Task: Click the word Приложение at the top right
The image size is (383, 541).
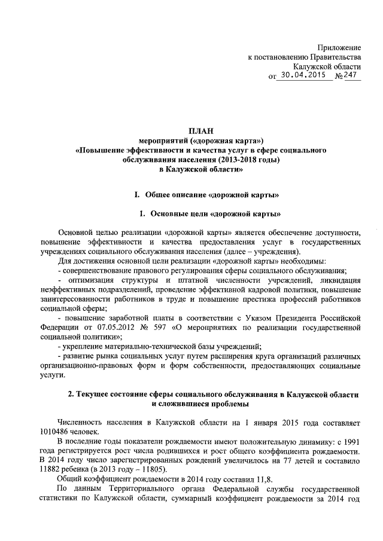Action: [339, 47]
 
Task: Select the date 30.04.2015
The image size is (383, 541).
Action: [305, 76]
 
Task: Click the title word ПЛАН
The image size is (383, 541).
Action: [200, 131]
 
